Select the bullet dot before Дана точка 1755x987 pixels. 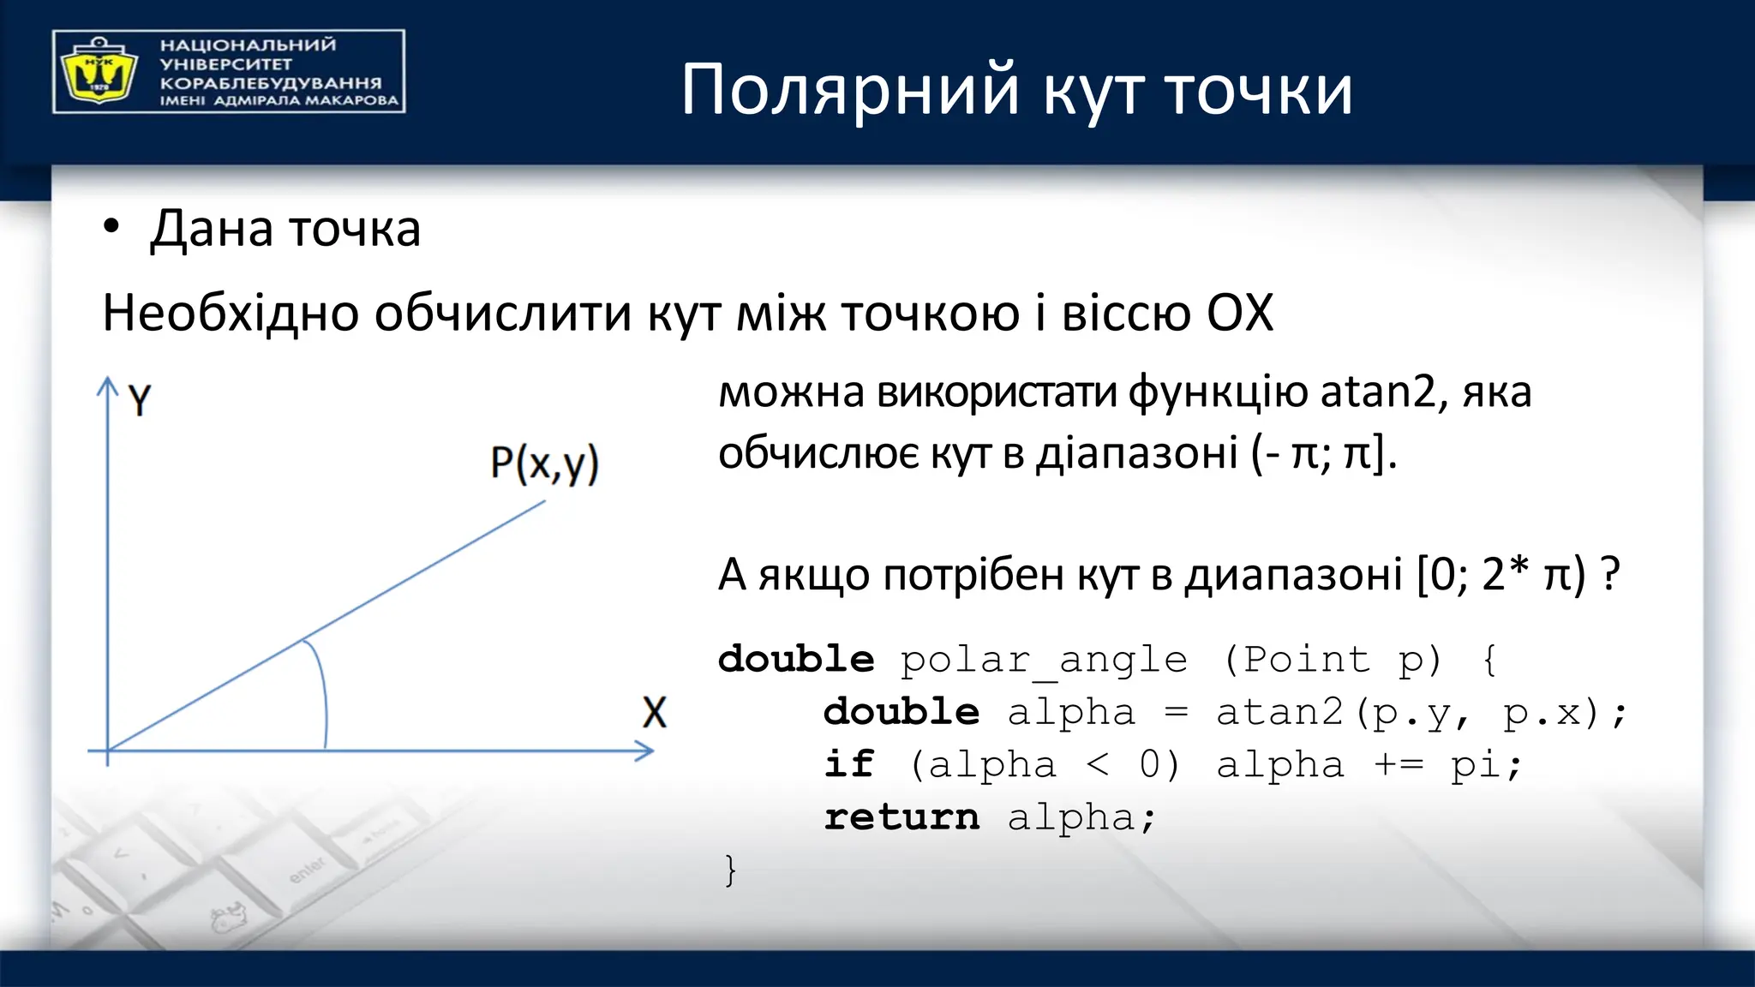coord(111,228)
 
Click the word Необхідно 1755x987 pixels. coord(231,313)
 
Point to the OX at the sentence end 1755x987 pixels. coord(1239,313)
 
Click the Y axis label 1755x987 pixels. coord(140,400)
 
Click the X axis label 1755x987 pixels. coord(654,713)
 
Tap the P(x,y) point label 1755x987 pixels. coord(544,464)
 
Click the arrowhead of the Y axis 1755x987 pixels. coord(107,385)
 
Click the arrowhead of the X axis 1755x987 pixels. coord(645,751)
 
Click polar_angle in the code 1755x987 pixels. coord(1043,661)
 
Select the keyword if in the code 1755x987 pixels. coord(848,764)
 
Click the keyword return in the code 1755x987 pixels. coord(901,817)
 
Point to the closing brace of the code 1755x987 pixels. coord(730,870)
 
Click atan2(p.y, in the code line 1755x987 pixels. coord(1342,713)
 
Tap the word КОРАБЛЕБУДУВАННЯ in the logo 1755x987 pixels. coord(271,83)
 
